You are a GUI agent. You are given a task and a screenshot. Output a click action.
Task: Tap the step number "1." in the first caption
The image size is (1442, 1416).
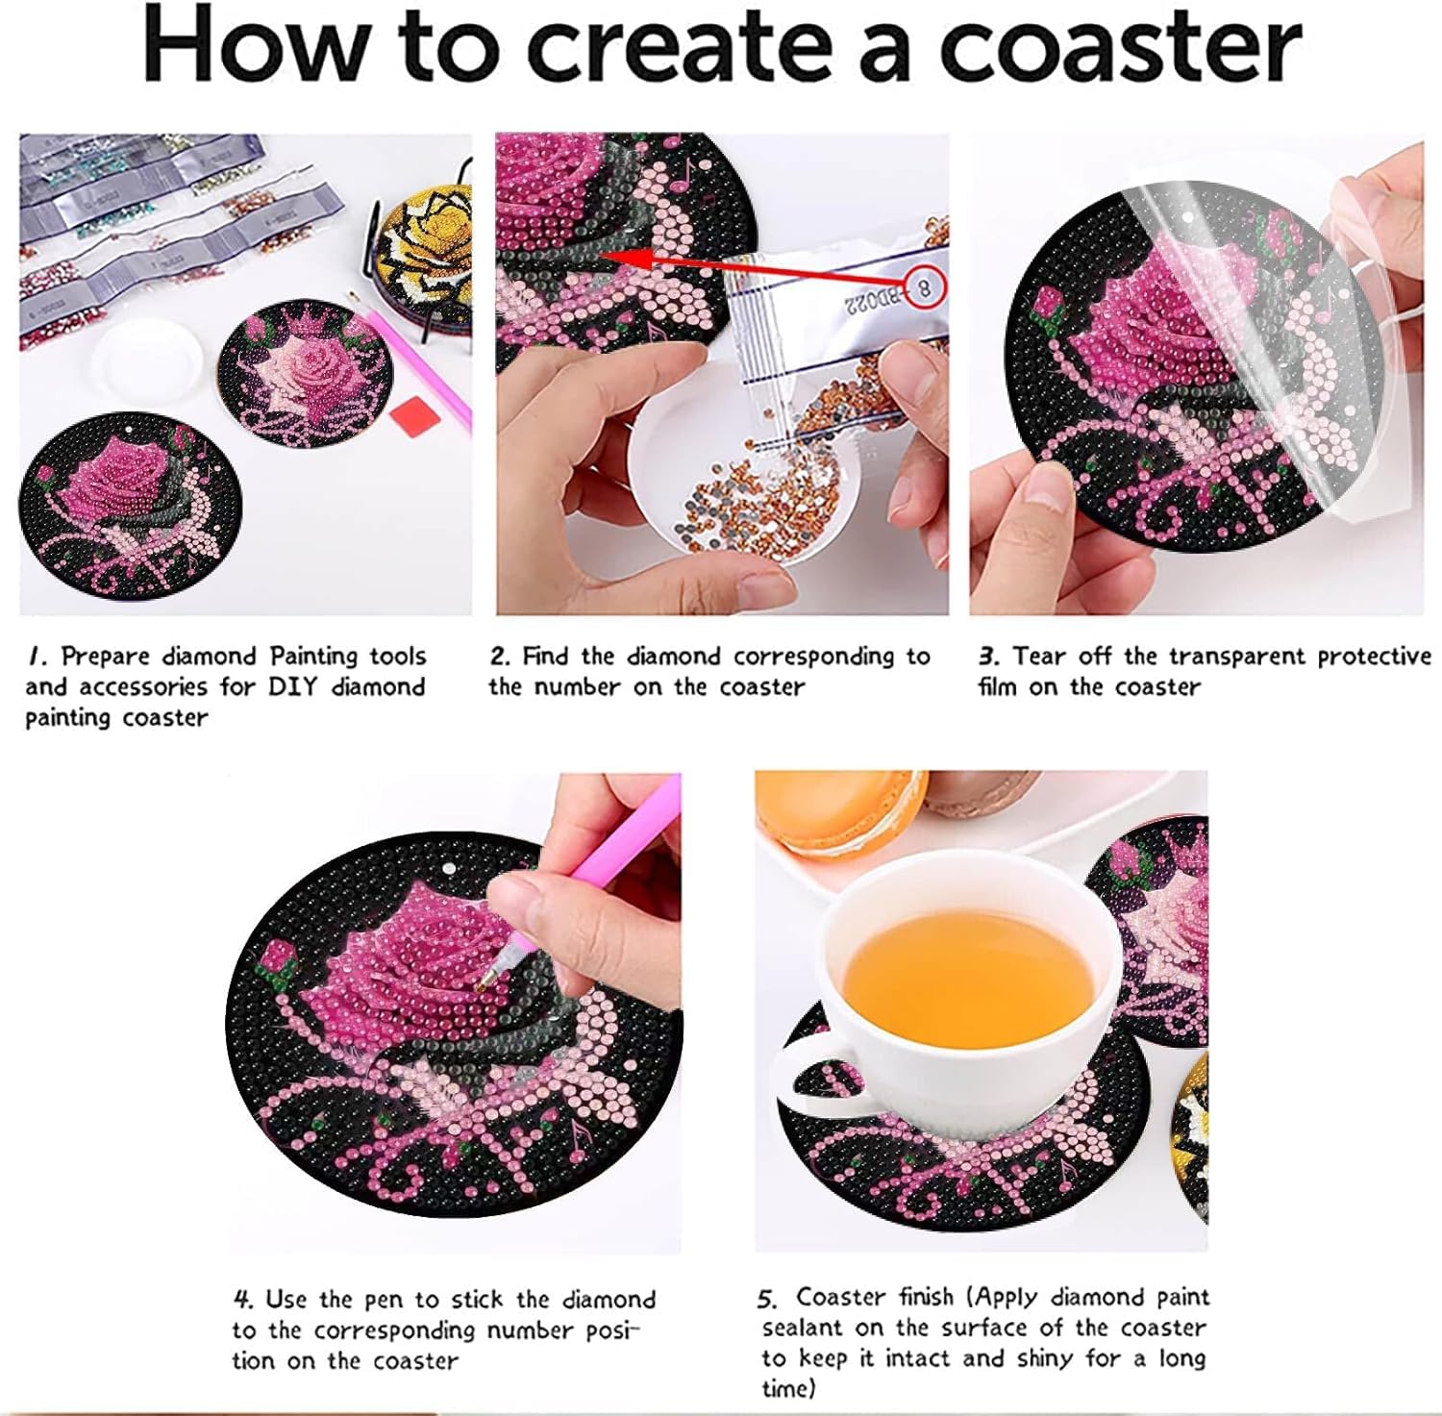[37, 657]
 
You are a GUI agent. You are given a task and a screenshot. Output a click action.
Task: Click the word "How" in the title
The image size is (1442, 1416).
[259, 46]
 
